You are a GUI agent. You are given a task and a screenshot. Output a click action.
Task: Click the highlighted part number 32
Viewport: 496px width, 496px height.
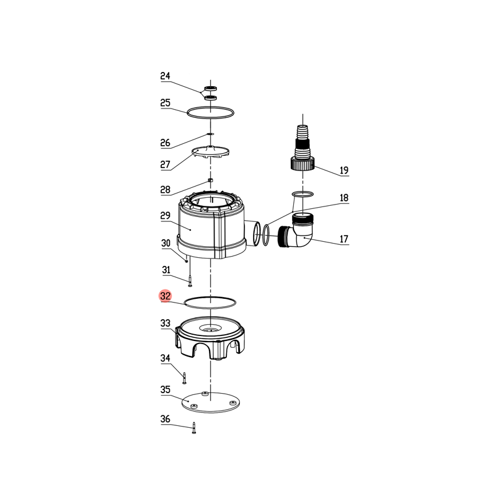point(165,296)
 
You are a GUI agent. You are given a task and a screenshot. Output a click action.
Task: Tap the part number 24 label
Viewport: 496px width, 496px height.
point(165,76)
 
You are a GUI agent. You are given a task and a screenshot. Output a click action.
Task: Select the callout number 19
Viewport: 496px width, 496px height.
point(344,170)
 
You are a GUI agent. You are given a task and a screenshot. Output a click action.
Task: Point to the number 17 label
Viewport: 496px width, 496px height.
point(344,239)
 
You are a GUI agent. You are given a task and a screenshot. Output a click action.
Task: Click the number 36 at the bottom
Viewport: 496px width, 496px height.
point(165,419)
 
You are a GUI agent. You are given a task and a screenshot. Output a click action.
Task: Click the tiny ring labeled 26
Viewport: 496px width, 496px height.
point(210,134)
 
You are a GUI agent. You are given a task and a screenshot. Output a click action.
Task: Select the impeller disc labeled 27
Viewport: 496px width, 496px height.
point(211,151)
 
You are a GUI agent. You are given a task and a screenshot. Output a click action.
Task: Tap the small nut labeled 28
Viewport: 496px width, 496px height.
point(210,180)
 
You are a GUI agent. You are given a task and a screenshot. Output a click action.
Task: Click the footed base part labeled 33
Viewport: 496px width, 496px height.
point(210,338)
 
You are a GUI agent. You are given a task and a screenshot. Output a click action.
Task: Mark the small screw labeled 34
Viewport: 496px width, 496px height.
point(184,378)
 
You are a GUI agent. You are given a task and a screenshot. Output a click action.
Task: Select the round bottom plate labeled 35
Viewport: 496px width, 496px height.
point(211,402)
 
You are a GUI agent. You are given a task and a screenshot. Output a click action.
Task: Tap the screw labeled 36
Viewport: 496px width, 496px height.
point(194,428)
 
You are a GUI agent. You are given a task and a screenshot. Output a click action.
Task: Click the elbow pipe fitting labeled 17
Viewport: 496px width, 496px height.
point(296,231)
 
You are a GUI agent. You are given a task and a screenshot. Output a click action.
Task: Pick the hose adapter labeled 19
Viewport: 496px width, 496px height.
point(303,148)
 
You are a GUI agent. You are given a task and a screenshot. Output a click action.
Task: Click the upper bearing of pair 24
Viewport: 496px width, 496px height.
point(210,88)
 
